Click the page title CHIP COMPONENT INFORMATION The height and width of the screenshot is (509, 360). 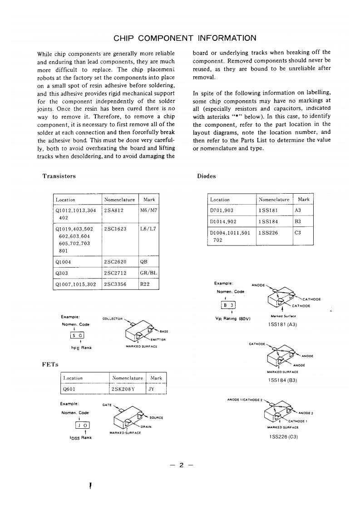[x=184, y=38]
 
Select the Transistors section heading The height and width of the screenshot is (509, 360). [x=59, y=176]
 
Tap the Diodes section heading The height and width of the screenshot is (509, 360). [x=207, y=176]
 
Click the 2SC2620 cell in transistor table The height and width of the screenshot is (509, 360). [x=115, y=262]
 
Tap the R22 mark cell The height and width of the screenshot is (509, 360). [x=145, y=284]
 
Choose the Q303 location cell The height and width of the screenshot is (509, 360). [x=61, y=274]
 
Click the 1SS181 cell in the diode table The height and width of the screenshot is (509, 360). [x=268, y=210]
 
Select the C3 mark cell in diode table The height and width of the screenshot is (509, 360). [x=298, y=232]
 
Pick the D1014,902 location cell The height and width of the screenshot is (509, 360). [x=222, y=221]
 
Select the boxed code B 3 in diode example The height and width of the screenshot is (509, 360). [x=227, y=304]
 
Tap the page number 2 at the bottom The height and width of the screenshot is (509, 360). [x=180, y=465]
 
